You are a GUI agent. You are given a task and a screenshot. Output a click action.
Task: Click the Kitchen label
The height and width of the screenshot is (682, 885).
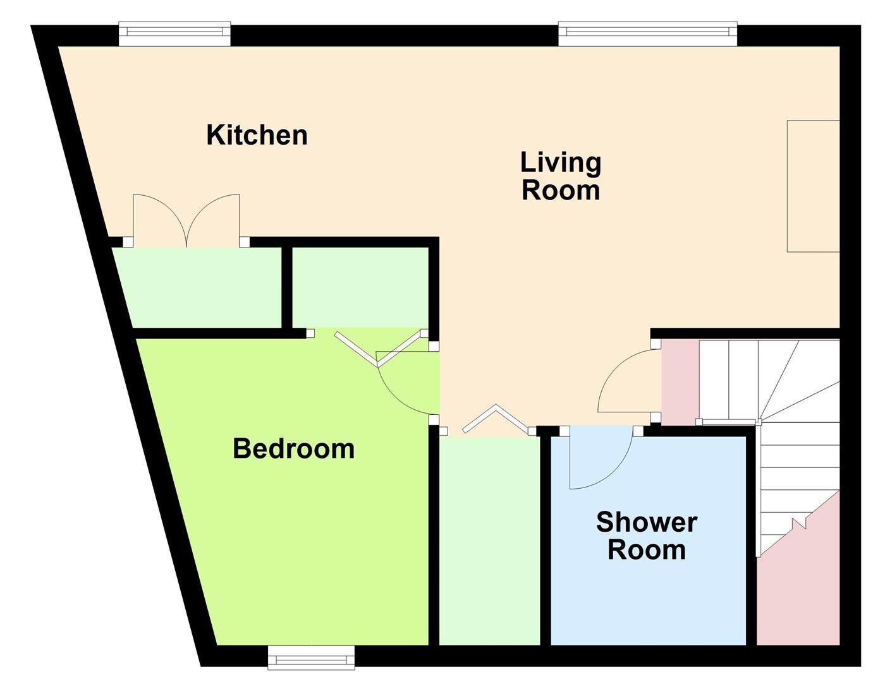point(257,135)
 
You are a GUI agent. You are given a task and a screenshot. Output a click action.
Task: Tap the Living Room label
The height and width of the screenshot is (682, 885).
point(560,176)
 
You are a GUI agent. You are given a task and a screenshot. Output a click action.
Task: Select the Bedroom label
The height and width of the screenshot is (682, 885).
point(293,448)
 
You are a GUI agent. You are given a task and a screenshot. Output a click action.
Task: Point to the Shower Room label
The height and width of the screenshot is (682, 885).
point(646,536)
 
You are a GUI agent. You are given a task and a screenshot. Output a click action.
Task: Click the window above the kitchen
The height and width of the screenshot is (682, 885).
point(175,34)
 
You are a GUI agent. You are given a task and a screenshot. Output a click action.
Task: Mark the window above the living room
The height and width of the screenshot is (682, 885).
point(647,34)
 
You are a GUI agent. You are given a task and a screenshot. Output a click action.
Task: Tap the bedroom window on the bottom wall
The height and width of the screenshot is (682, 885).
point(311,657)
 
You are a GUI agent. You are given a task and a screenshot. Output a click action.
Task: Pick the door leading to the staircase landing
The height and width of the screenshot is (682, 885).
point(626,382)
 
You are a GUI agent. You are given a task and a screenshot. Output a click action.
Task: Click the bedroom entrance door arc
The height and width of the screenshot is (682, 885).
point(405,385)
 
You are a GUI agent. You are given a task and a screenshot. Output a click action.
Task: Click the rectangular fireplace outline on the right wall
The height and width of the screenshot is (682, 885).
point(813,186)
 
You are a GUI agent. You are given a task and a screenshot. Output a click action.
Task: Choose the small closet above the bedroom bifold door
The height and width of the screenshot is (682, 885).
point(360,287)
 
